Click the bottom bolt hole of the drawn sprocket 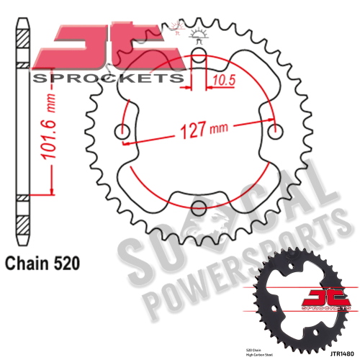click(x=199, y=211)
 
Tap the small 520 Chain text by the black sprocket click(x=264, y=348)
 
